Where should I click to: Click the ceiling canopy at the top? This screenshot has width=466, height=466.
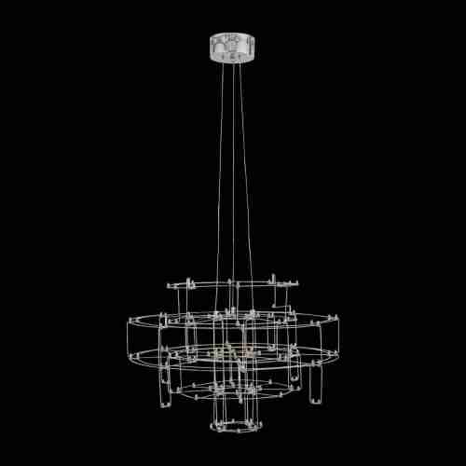coord(232,48)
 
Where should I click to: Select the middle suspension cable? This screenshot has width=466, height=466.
coord(232,168)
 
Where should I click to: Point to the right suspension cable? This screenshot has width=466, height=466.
coord(244,168)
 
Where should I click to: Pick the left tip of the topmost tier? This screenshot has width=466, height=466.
coord(169,283)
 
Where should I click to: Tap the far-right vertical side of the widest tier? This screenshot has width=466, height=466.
coord(337,337)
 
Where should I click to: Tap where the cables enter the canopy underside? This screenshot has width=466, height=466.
coord(232,62)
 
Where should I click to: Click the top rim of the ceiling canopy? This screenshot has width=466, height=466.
coord(232,35)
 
